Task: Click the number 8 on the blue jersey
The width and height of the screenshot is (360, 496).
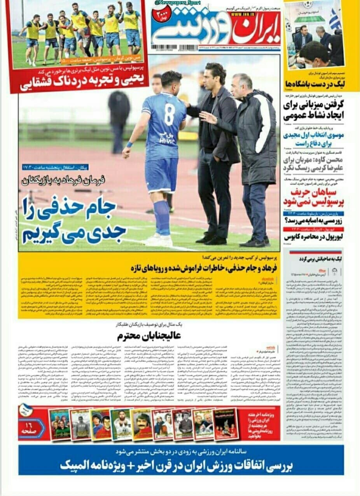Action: (x=169, y=114)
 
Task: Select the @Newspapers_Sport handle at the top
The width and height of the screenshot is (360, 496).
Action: (x=178, y=3)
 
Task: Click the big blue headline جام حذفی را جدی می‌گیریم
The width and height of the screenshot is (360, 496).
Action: (x=74, y=220)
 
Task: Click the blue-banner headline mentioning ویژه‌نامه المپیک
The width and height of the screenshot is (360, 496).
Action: (x=180, y=466)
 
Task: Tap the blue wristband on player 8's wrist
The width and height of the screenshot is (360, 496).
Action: (x=129, y=145)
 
